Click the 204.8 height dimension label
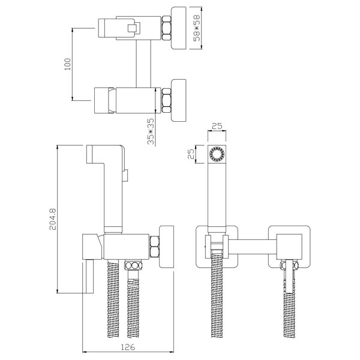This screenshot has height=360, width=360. click(x=53, y=219)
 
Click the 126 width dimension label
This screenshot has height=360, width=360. click(x=128, y=347)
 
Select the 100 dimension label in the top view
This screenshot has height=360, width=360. click(x=67, y=64)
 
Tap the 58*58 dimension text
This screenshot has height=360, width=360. click(x=197, y=28)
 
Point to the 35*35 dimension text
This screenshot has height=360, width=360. click(x=151, y=131)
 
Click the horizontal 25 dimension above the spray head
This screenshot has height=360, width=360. click(x=217, y=126)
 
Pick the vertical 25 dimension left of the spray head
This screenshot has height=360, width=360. click(x=191, y=154)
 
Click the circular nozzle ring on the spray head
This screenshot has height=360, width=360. click(x=217, y=154)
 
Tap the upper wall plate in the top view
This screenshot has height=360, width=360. click(x=179, y=28)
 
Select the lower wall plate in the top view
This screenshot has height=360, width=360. click(x=179, y=100)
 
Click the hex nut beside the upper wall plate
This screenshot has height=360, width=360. click(x=166, y=28)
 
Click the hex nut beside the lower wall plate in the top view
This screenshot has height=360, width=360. click(x=166, y=100)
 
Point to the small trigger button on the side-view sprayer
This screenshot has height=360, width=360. click(x=125, y=175)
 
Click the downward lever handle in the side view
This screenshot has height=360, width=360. click(x=88, y=277)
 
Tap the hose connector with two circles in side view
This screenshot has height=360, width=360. click(x=133, y=265)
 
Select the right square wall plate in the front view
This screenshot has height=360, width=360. click(x=289, y=247)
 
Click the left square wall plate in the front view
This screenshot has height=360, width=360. click(x=217, y=247)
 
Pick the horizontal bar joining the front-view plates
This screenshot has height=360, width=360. click(x=253, y=247)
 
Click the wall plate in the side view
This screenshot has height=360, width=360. click(x=166, y=247)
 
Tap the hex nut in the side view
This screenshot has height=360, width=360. click(x=154, y=247)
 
